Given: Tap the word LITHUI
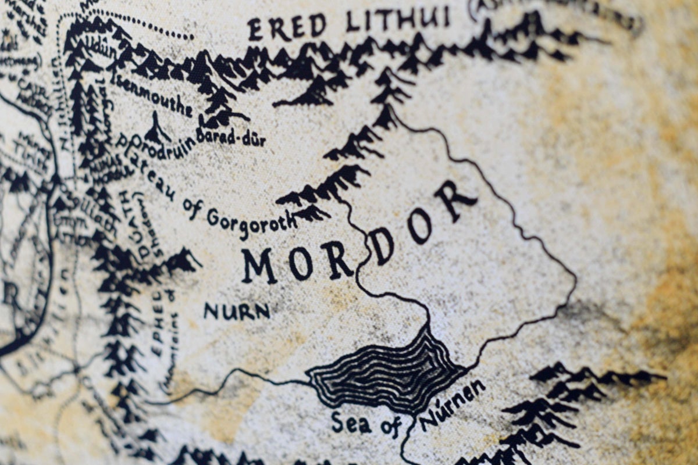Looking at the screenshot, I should pos(398,20).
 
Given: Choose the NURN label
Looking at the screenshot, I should pos(237,312).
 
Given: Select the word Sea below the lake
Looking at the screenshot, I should pos(350,423).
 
